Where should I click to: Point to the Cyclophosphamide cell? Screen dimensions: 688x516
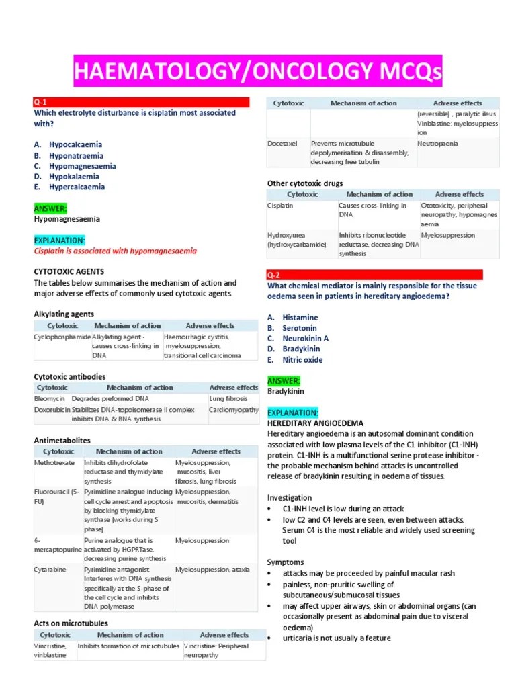coord(62,337)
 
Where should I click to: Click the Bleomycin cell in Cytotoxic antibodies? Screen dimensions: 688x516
coord(49,398)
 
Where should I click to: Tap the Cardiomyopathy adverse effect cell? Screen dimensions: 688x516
coord(233,409)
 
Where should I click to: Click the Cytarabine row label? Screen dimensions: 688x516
coord(50,570)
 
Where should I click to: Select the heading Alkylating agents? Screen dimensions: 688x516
coord(64,314)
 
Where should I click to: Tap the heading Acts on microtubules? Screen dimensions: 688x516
coord(71,623)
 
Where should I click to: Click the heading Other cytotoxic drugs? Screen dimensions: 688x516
coord(305,183)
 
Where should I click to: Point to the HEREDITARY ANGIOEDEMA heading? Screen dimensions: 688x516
coord(315,423)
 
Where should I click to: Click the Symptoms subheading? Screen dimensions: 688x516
coord(286,562)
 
